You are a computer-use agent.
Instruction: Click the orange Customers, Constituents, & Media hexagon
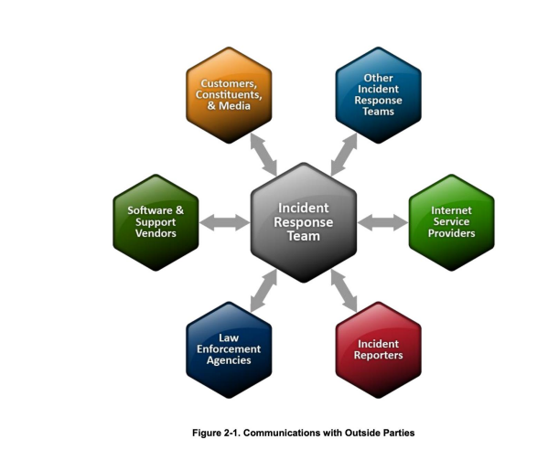229,94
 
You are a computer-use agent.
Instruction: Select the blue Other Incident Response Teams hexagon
378,94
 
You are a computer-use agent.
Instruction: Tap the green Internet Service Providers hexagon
451,221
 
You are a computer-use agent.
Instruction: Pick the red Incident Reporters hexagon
378,348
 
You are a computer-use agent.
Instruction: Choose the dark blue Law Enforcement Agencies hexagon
229,348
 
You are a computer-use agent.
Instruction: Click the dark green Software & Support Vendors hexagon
156,221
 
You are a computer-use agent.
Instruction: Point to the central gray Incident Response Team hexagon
304,221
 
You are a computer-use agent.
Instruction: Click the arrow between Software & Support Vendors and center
224,221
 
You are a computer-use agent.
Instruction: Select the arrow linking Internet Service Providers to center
383,221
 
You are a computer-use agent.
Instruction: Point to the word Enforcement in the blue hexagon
229,348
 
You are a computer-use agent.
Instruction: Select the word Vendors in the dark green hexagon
156,233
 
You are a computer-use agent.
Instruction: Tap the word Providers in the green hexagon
451,233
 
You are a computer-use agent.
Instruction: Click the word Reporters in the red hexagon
378,355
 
